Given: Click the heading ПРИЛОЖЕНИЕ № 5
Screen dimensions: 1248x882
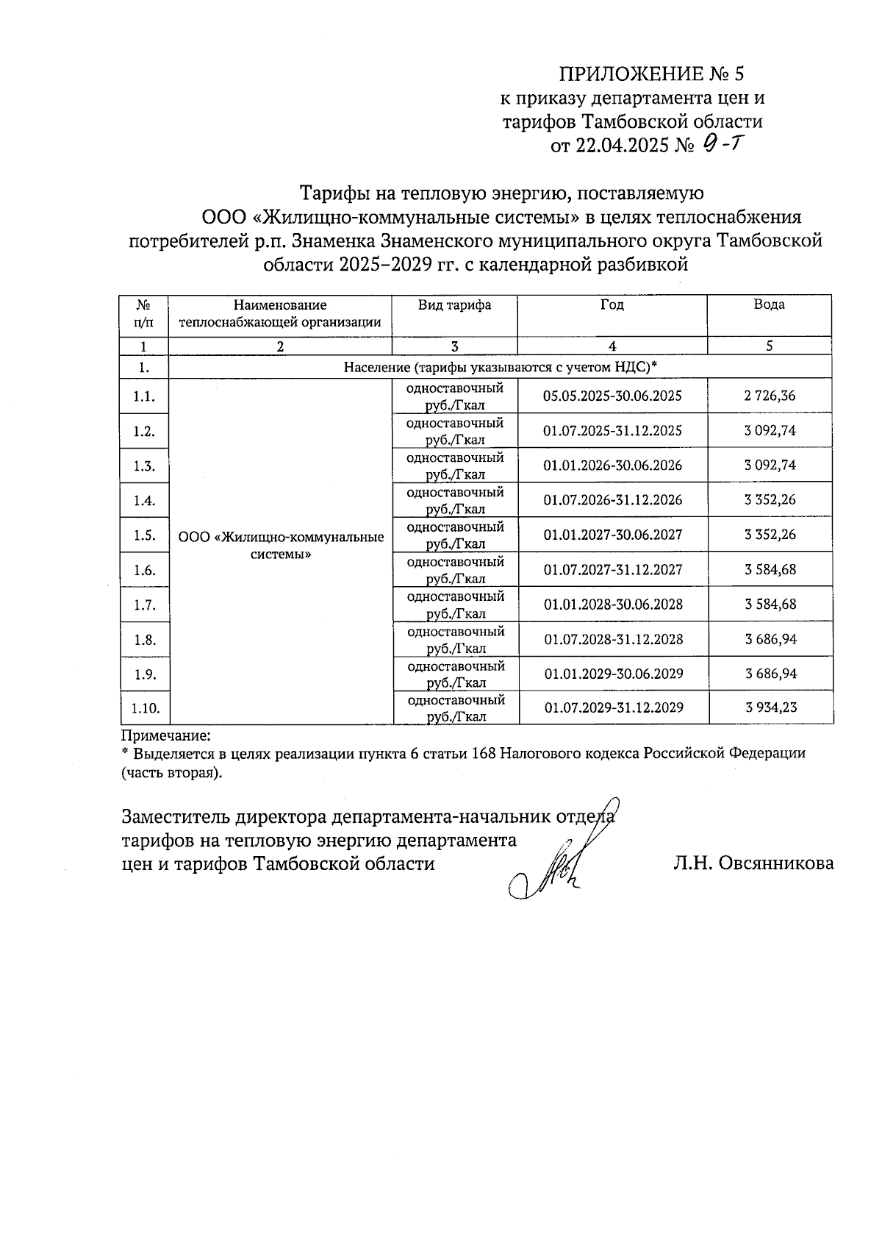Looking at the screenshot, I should click(x=652, y=74).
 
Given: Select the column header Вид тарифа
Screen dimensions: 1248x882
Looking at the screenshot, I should click(x=454, y=305).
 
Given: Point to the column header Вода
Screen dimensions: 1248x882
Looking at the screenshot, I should click(x=769, y=305).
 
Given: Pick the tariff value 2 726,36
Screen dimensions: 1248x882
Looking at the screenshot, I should click(x=770, y=396).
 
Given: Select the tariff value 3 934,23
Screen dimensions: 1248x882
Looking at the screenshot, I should click(x=770, y=707).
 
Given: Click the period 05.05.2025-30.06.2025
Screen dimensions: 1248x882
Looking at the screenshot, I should click(x=612, y=396).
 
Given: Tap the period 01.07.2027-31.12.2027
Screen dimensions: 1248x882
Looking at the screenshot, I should click(x=613, y=569).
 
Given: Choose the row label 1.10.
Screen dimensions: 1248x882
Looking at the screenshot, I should click(x=145, y=708).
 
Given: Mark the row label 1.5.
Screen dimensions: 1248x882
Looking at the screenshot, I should click(x=144, y=535).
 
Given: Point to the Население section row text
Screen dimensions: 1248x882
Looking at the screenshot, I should click(x=500, y=367).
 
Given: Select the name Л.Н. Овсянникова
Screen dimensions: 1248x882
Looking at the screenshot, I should click(x=753, y=863).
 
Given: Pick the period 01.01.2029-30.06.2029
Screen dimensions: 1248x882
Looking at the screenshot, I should click(x=613, y=674).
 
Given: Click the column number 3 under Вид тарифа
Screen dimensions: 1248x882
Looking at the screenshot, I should click(x=454, y=346).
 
